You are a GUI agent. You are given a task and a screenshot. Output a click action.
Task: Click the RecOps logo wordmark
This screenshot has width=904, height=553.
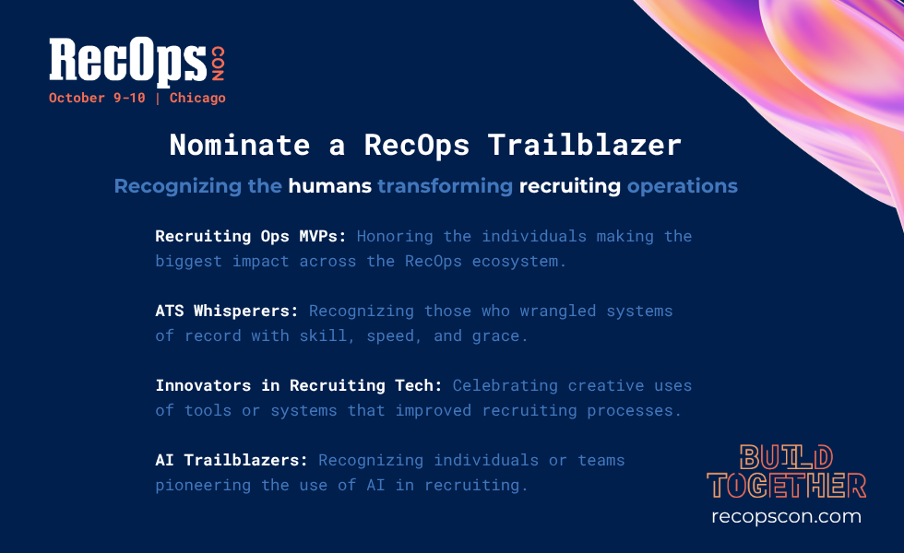pyautogui.click(x=128, y=61)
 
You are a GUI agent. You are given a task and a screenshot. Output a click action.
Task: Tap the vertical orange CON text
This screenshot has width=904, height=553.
pyautogui.click(x=218, y=64)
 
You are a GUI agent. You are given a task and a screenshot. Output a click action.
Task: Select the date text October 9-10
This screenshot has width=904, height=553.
pyautogui.click(x=97, y=98)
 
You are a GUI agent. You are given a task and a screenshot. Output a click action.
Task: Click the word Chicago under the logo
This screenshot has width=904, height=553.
pyautogui.click(x=197, y=99)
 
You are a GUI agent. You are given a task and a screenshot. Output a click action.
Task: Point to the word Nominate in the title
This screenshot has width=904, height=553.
pyautogui.click(x=240, y=145)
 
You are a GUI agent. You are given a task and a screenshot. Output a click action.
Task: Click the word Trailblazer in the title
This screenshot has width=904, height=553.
pyautogui.click(x=585, y=145)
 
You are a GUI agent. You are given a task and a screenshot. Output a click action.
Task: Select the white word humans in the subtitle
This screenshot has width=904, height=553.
pyautogui.click(x=330, y=186)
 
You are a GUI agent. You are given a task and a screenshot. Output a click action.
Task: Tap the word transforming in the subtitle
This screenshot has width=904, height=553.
pyautogui.click(x=445, y=186)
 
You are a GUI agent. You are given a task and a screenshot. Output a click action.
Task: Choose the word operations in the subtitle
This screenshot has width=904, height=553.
pyautogui.click(x=683, y=186)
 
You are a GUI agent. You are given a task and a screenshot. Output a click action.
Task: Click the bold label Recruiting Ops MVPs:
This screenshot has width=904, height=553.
pyautogui.click(x=251, y=237)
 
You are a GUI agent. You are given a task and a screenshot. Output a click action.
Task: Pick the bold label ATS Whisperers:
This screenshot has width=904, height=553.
pyautogui.click(x=227, y=312)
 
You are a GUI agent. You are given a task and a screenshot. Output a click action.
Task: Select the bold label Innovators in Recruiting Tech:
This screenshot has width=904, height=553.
pyautogui.click(x=299, y=385)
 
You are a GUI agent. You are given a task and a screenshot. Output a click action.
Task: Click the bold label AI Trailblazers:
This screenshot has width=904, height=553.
pyautogui.click(x=232, y=460)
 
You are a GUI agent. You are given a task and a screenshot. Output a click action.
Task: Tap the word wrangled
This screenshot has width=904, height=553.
pyautogui.click(x=558, y=312)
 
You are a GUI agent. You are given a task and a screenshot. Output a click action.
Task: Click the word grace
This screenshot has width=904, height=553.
pyautogui.click(x=499, y=336)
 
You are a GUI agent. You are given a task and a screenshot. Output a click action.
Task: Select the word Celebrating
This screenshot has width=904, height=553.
pyautogui.click(x=506, y=386)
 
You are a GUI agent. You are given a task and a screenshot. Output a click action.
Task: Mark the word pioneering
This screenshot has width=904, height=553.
pyautogui.click(x=203, y=486)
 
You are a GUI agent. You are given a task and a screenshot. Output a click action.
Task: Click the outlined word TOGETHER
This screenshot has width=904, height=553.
pyautogui.click(x=786, y=486)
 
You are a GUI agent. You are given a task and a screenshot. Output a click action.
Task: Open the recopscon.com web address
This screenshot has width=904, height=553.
pyautogui.click(x=786, y=517)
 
